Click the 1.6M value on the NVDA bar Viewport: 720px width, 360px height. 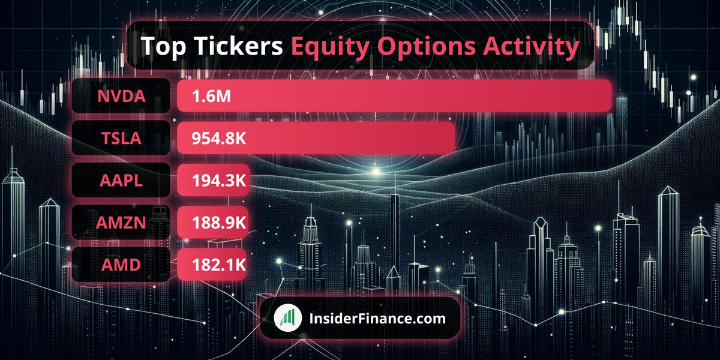tap(211, 96)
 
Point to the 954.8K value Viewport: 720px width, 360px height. tap(219, 139)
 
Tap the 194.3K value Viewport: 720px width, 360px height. tap(219, 181)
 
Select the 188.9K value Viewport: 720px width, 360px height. tap(219, 223)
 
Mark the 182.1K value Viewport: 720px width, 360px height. tap(219, 265)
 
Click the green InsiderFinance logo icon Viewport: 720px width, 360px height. tap(288, 319)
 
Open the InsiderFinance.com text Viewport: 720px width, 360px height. tap(377, 319)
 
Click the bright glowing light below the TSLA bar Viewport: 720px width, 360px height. tap(376, 173)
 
